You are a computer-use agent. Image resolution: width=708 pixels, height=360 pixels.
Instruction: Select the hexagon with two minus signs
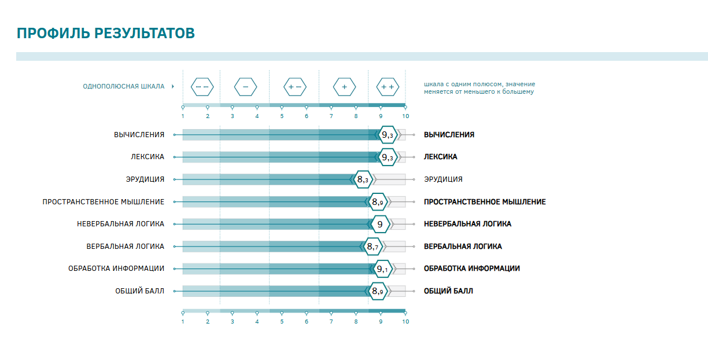(202, 87)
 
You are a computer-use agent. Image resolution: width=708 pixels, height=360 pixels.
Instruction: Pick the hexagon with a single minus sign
(245, 87)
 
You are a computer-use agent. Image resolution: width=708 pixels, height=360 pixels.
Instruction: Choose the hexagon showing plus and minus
(294, 87)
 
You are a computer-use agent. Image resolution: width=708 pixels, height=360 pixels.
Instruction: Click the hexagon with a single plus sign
(344, 87)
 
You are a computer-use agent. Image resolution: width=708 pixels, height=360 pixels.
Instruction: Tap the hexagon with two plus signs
(387, 87)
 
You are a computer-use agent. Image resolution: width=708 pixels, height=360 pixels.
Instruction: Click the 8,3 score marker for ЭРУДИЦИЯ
(363, 179)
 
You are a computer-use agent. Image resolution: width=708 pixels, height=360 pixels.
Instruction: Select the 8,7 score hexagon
(373, 247)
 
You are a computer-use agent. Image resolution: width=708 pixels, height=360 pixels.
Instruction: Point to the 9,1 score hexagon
(382, 269)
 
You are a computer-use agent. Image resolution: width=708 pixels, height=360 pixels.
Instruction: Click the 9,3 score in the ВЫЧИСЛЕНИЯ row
(387, 135)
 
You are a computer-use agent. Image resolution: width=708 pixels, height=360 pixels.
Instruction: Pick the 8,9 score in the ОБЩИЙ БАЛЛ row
(378, 291)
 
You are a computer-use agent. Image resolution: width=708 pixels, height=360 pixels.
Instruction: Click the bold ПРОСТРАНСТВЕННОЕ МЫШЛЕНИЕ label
(485, 202)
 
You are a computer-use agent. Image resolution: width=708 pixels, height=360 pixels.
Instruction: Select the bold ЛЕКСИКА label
(440, 157)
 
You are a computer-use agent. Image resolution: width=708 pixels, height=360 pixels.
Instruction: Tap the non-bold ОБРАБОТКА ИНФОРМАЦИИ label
(116, 269)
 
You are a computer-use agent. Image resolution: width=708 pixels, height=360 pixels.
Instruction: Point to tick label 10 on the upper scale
(405, 116)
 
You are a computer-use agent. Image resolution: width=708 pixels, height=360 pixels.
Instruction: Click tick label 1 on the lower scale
(183, 321)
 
